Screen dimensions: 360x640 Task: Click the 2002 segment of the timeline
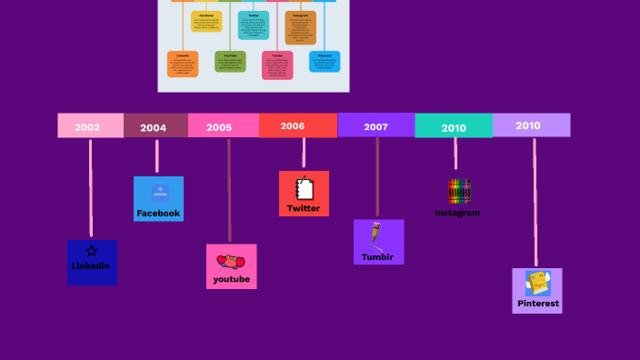pos(88,126)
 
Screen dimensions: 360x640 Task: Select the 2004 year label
pos(154,127)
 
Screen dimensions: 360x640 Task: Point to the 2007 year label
pos(376,126)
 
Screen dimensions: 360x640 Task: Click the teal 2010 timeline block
pos(454,127)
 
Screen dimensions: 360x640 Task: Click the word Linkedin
pos(91,266)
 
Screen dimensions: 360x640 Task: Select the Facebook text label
pos(158,213)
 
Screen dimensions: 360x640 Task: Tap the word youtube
pos(231,279)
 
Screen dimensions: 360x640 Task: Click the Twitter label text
pos(304,208)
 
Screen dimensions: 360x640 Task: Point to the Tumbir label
pos(377,256)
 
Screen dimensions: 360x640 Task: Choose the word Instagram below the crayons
pos(457,213)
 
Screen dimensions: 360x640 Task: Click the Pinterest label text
pos(538,303)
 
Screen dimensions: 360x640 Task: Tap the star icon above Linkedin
pos(91,250)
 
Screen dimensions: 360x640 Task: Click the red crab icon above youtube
pos(231,262)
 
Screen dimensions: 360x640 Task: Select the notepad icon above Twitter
pos(305,188)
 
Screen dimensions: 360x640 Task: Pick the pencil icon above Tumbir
pos(375,235)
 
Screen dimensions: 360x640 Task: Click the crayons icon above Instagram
pos(459,191)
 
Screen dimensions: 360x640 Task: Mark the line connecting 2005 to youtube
pos(229,191)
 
